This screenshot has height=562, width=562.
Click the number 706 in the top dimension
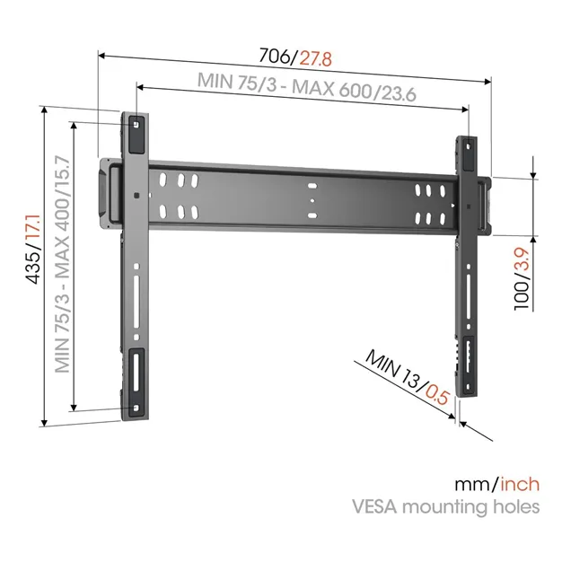[x=277, y=56]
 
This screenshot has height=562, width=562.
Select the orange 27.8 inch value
[x=316, y=59]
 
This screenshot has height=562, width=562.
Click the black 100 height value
[x=522, y=295]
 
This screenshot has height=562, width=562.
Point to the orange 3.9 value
[x=522, y=261]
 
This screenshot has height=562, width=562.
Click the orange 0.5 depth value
[x=437, y=395]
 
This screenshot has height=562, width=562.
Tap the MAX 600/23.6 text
[x=354, y=91]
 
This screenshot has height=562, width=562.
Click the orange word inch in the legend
[x=520, y=484]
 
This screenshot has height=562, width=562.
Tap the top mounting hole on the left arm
[x=136, y=125]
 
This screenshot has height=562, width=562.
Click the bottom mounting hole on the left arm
[x=136, y=408]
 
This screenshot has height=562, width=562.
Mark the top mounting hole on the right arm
[x=469, y=146]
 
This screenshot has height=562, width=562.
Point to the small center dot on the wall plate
[x=312, y=201]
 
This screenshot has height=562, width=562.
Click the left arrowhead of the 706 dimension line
[x=101, y=56]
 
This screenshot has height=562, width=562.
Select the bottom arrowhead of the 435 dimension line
[x=44, y=423]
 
